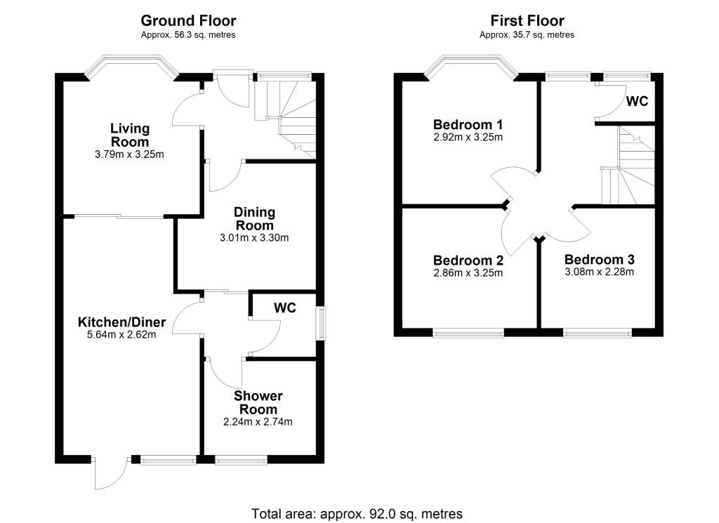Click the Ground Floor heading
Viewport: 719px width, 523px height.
[x=188, y=21]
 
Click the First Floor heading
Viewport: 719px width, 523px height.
[x=527, y=21]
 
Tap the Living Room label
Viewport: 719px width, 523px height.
[x=129, y=135]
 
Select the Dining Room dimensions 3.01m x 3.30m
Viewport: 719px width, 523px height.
[x=254, y=238]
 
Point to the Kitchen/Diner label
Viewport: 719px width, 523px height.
[x=121, y=322]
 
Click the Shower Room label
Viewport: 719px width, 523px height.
[x=258, y=403]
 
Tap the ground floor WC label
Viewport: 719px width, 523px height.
[x=284, y=308]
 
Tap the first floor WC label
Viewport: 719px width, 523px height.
[x=637, y=102]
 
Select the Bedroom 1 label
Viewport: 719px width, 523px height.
[x=468, y=124]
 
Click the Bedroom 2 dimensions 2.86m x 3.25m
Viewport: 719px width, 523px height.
[x=468, y=273]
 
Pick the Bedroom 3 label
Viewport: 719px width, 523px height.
[x=600, y=259]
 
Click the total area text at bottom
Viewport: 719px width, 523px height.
[x=357, y=513]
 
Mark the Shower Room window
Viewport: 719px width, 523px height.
[x=241, y=461]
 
